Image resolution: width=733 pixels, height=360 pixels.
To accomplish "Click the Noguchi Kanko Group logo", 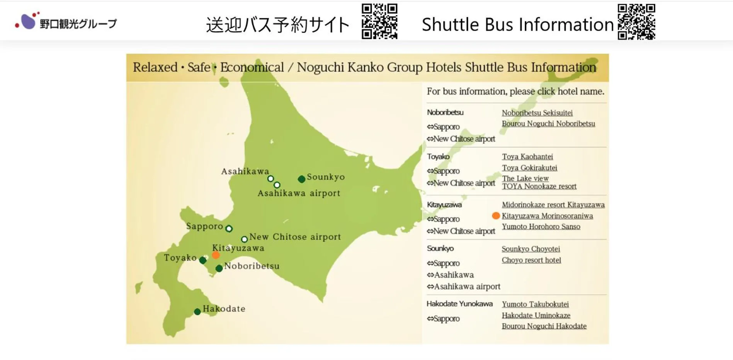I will coord(66,22).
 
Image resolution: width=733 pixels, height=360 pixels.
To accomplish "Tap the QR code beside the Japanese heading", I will coord(379,21).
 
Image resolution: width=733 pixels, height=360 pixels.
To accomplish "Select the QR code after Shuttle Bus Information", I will coord(636,22).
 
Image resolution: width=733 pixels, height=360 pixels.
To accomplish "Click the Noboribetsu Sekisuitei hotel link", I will coord(537,113).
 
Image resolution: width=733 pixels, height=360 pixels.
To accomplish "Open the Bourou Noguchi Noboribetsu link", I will coord(548,124).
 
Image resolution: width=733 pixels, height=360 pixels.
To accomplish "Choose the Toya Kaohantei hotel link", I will coord(527,156).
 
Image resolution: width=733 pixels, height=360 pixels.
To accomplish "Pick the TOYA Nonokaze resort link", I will coord(539,186).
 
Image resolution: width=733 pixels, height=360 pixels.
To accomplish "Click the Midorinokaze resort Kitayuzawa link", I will coord(553,205).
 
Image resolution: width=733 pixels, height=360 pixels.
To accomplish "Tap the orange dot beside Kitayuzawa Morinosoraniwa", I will coord(496,216).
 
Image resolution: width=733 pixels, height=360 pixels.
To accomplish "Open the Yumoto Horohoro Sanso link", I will coord(541,227).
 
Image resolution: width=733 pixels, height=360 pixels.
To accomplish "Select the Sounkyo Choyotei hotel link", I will coord(531,249).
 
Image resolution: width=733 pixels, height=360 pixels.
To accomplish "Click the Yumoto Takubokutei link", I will coord(535,304).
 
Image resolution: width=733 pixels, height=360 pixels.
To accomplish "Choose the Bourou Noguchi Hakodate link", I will coord(544,326).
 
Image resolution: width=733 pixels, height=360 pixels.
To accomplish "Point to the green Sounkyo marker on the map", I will coord(301,179).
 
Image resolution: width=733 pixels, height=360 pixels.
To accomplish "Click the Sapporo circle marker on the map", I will coord(229,229).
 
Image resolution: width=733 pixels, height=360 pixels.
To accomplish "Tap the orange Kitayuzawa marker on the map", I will coord(216,255).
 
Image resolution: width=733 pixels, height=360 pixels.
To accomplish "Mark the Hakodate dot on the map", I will coord(197,311).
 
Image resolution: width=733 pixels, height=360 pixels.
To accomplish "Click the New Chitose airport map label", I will coord(295,237).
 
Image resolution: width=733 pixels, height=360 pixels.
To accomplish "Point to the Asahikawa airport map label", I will coord(299,193).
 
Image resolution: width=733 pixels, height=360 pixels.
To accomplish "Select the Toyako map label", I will coord(180,258).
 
